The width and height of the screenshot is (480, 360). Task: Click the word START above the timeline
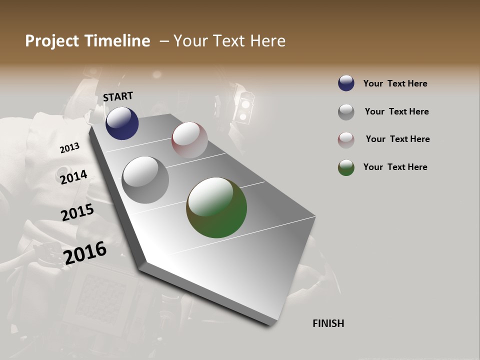(118, 96)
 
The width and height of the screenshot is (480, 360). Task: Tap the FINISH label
(328, 323)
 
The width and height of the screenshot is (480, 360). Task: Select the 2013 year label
(69, 148)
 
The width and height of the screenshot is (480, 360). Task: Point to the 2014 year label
(73, 177)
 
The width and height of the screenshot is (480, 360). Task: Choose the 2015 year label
(77, 212)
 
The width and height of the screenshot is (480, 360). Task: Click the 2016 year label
(85, 252)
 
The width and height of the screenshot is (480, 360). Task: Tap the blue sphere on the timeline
(122, 123)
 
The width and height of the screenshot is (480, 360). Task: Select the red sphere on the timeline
(189, 140)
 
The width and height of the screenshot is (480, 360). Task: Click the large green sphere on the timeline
(216, 207)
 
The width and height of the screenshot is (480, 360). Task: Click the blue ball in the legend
(346, 83)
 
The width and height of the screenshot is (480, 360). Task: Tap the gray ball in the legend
(346, 111)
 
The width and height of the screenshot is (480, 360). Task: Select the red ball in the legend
(346, 139)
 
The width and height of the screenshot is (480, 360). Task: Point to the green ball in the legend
(346, 167)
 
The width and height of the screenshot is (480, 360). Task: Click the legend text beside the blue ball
(395, 83)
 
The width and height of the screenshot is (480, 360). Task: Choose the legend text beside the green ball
(395, 167)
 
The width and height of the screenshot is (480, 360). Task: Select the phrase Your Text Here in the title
(229, 41)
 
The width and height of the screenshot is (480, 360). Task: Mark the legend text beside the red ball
(397, 139)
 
